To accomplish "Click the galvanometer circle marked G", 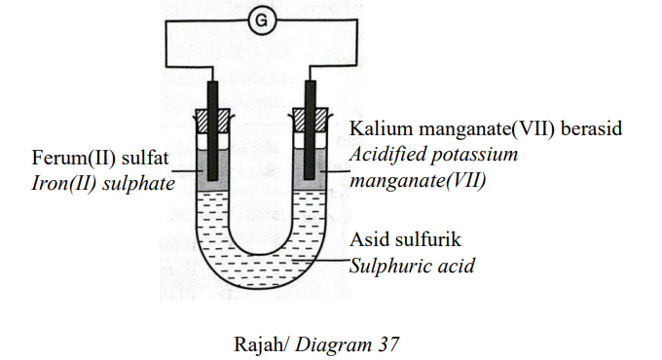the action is pos(262,20).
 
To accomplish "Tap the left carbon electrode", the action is pos(213,130).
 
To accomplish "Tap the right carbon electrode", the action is pos(311,129).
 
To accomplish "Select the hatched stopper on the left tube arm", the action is pos(213,121).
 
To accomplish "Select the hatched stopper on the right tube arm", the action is pos(311,120).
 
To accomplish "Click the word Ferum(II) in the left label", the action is pos(73,159).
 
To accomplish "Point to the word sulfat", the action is pos(145,158).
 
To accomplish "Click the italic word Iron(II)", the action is pos(64,184).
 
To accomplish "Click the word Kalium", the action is pos(382,128).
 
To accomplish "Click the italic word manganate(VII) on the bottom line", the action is pos(418,181).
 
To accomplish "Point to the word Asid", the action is pos(368,239).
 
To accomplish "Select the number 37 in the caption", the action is pos(388,344).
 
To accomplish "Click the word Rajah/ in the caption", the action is pos(261,344).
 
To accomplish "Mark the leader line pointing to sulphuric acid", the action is pos(321,261).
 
